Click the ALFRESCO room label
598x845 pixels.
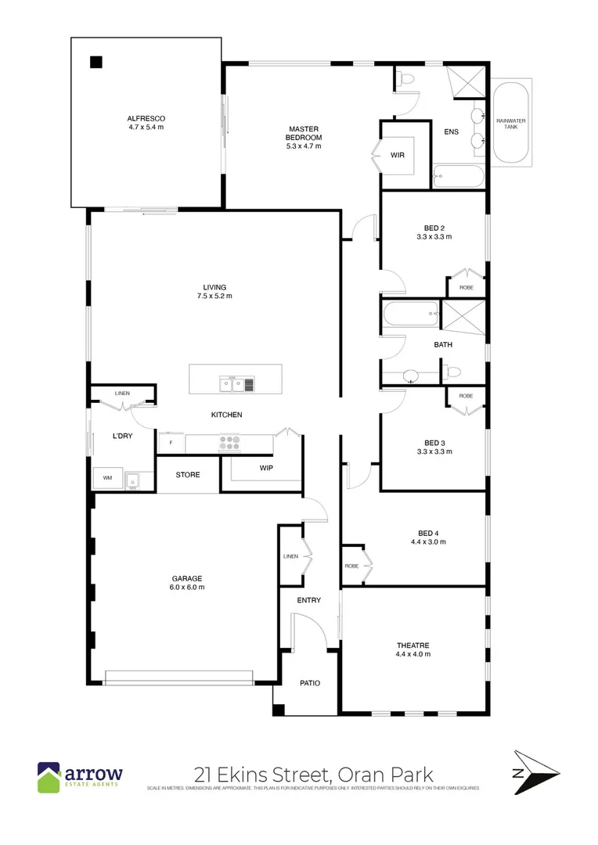[x=147, y=118]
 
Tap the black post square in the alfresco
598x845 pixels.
[x=95, y=62]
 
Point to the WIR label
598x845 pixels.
[x=398, y=156]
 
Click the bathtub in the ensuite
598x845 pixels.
[x=458, y=177]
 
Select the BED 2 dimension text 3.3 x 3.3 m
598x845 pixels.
[x=433, y=236]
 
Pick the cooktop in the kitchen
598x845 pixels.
[x=229, y=443]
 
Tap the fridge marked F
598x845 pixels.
[x=171, y=443]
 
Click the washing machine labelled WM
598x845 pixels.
[x=105, y=477]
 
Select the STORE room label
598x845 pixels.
[x=188, y=475]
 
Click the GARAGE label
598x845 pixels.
[x=188, y=581]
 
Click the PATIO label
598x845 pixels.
[x=310, y=683]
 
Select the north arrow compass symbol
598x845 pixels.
[x=535, y=773]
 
